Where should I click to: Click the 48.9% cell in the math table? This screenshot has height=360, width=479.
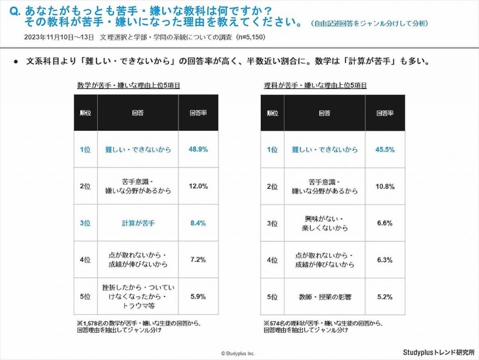point(198,149)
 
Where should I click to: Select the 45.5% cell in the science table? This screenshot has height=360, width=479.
point(385,149)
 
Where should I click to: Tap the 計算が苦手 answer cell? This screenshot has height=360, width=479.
point(138,223)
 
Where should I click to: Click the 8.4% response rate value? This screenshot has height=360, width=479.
point(198,223)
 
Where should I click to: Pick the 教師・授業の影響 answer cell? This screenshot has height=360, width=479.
point(325,297)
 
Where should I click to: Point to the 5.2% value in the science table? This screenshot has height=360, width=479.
point(385,297)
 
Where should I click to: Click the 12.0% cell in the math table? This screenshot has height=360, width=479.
point(198,186)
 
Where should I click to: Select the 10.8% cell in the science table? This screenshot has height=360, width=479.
point(385,186)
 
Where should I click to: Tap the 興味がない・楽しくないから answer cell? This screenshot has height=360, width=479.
point(325,223)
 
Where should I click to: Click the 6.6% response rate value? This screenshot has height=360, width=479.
point(385,223)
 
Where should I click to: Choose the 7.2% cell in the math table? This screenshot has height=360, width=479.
point(198,260)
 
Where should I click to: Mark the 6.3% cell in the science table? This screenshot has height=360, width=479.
point(385,260)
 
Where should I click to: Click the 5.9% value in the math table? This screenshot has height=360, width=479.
point(198,297)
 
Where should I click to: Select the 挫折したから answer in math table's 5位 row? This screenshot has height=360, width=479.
point(138,297)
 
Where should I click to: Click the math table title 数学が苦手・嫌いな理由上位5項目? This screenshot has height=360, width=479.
point(129,86)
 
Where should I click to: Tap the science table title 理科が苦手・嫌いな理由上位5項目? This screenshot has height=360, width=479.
point(315,86)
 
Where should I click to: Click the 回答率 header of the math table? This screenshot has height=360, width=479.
point(198,113)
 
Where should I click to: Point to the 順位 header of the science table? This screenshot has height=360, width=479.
point(272,113)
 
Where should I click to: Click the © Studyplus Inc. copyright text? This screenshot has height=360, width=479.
point(238,353)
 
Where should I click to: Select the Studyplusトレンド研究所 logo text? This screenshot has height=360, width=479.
point(438,352)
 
